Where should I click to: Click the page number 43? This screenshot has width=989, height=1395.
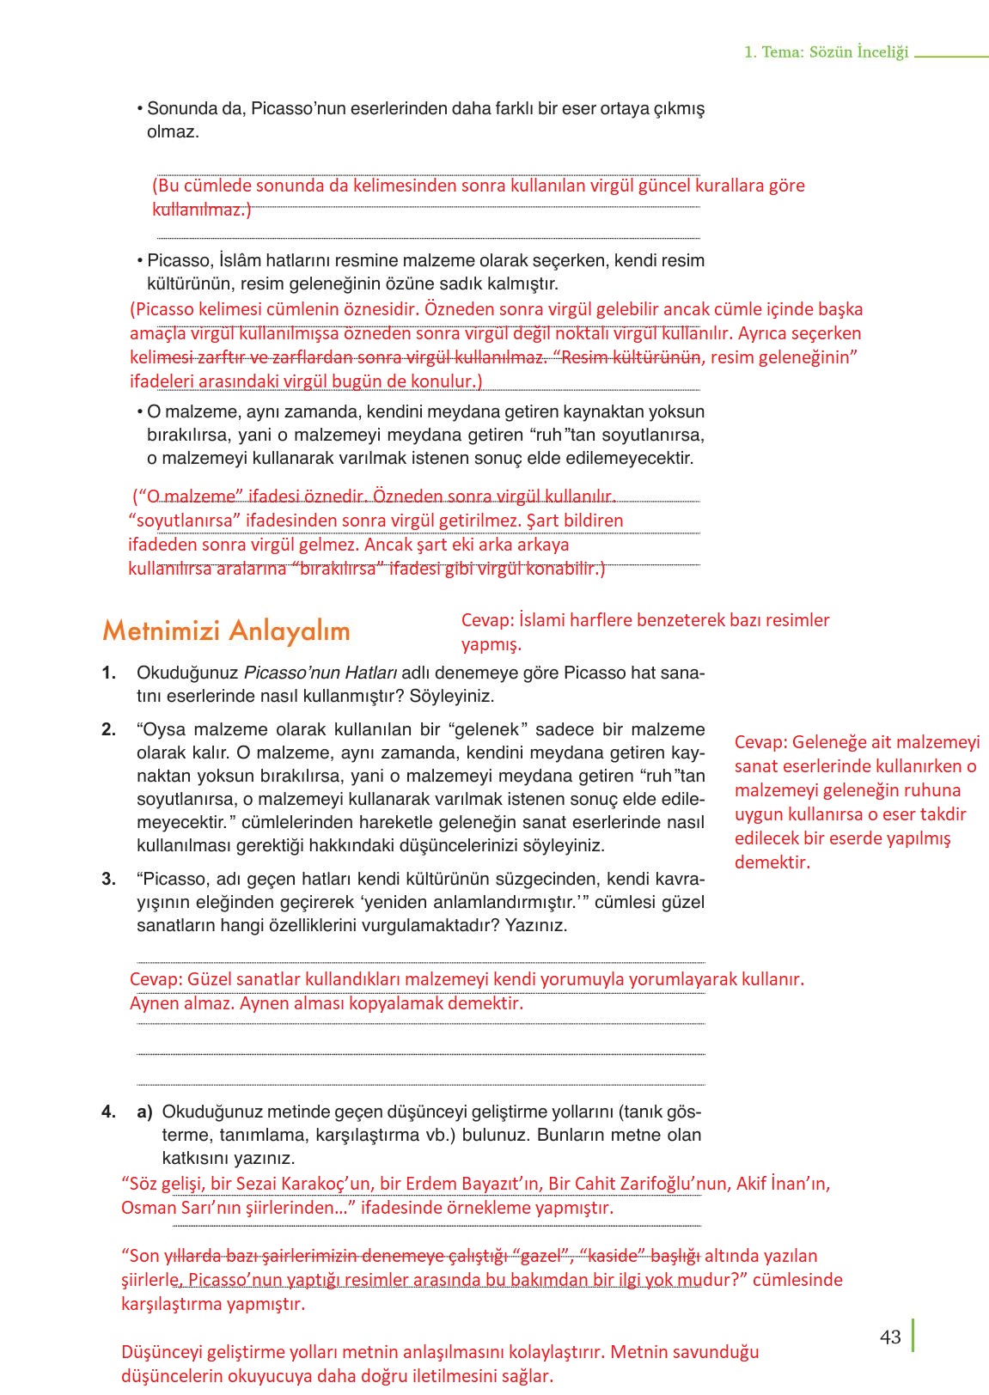[890, 1337]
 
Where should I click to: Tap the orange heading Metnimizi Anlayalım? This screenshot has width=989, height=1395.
[226, 630]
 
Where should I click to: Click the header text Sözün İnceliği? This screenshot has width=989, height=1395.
[858, 52]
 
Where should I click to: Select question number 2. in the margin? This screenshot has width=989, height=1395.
[108, 729]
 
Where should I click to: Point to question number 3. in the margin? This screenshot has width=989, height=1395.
[108, 879]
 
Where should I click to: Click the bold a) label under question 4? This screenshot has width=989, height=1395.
[144, 1112]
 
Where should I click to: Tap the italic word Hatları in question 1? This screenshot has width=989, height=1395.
[370, 673]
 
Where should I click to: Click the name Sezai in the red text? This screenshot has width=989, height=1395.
[259, 1184]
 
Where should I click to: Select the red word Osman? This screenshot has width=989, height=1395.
[147, 1208]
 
